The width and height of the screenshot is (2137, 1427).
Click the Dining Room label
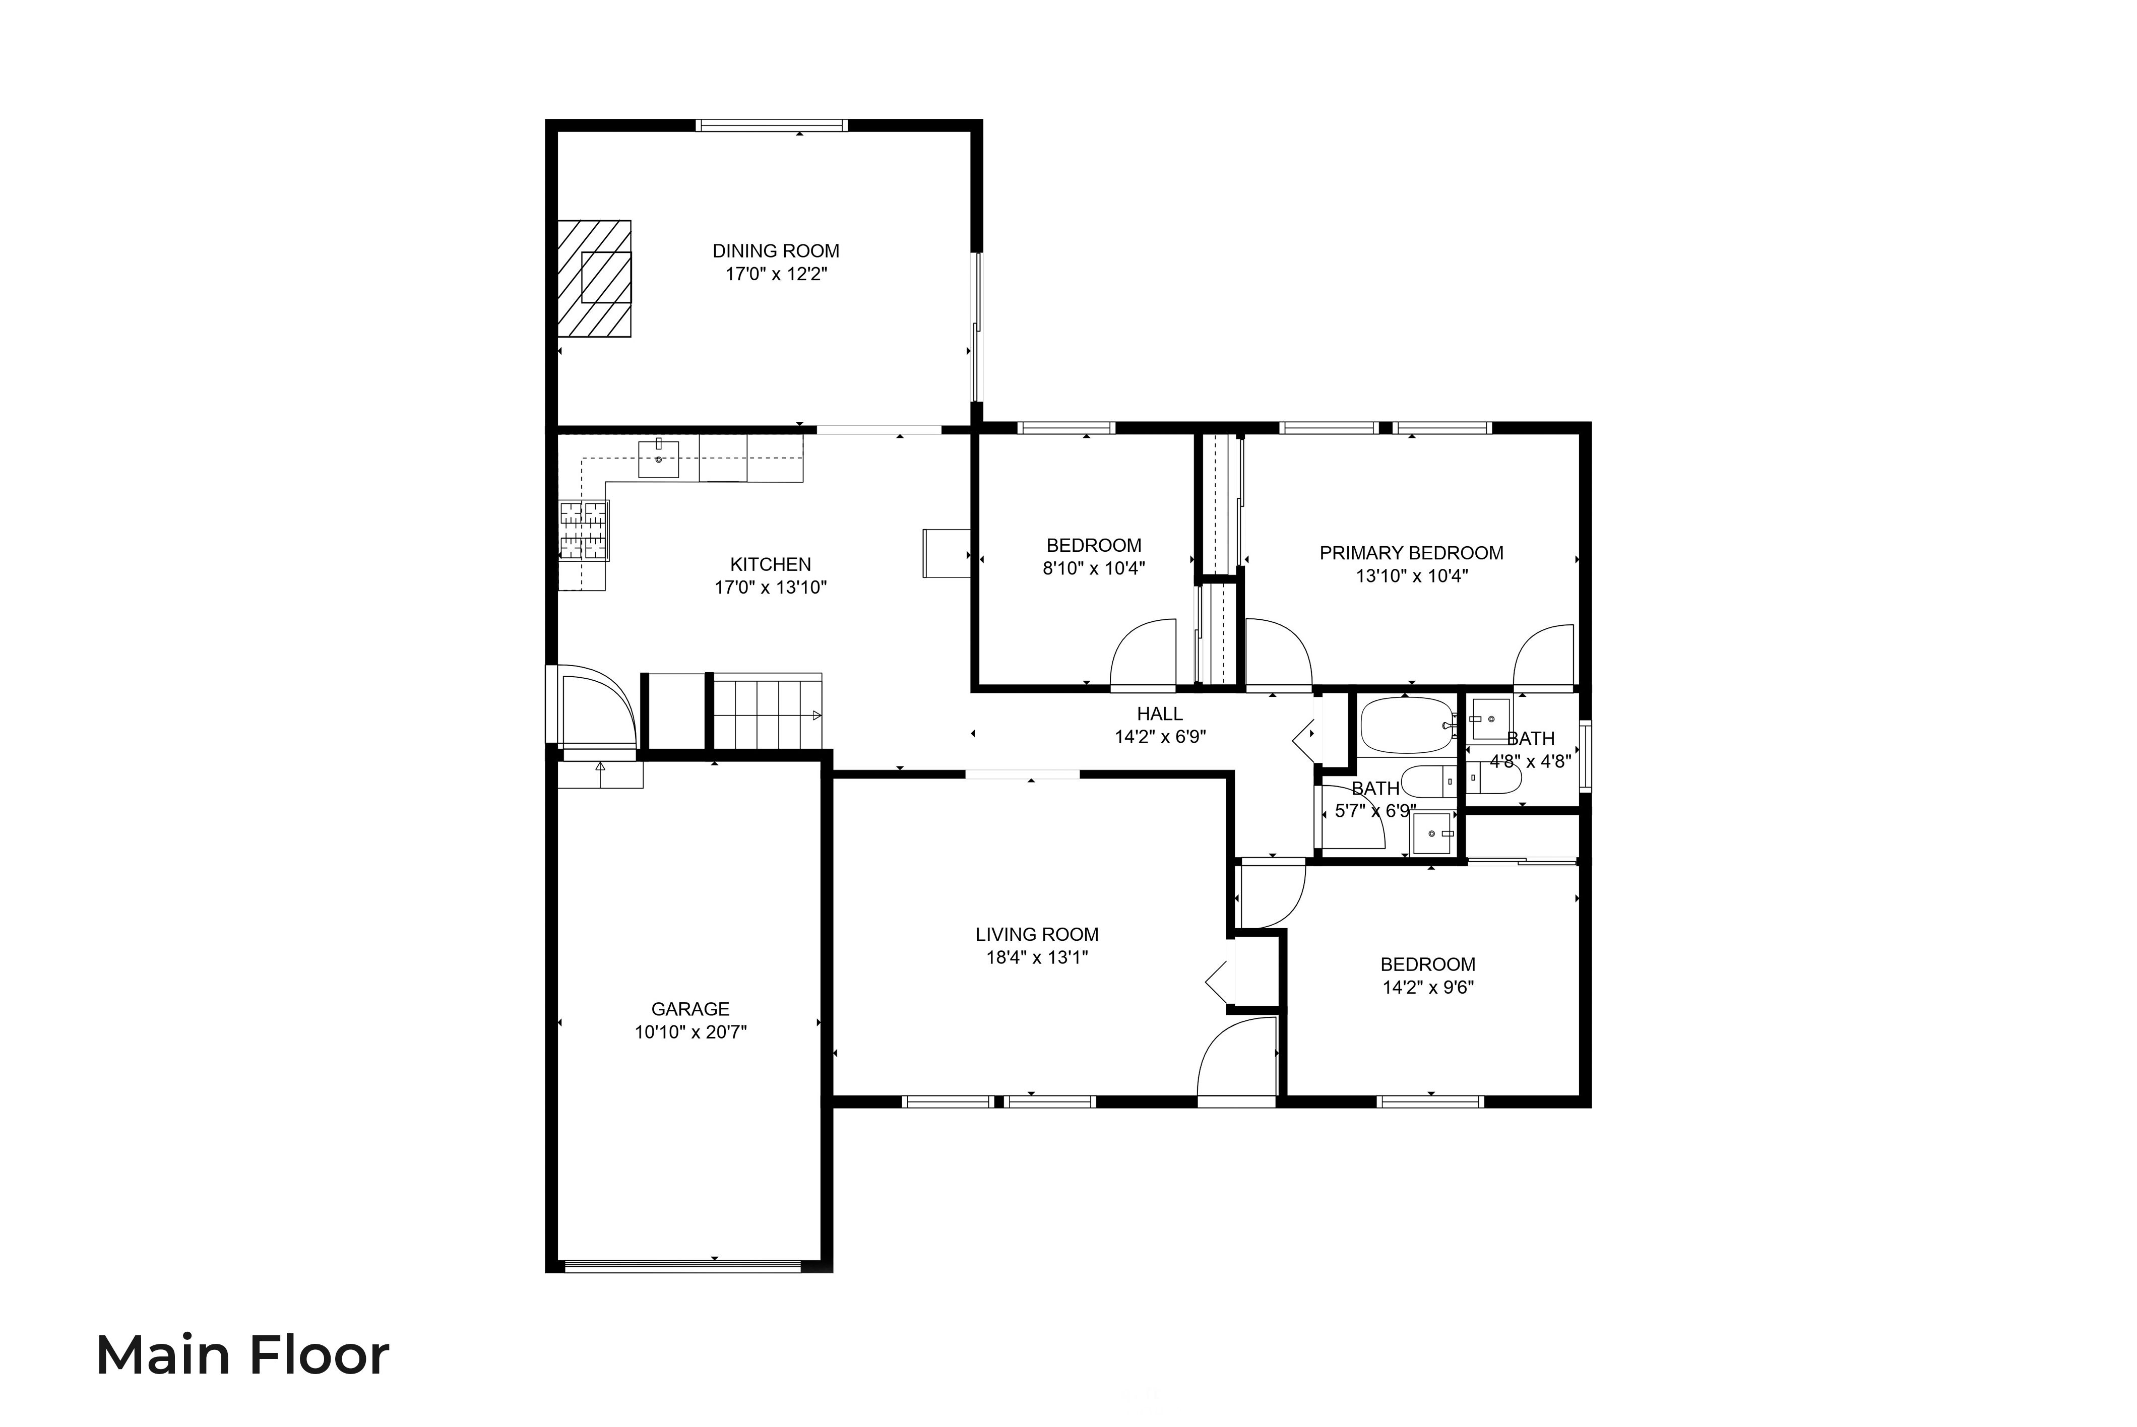[x=776, y=251]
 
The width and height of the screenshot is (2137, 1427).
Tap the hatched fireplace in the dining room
[x=594, y=279]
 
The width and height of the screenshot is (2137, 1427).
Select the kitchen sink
[x=658, y=460]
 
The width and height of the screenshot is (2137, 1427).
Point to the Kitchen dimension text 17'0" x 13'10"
[x=770, y=588]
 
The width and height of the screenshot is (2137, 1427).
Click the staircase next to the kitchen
[x=767, y=711]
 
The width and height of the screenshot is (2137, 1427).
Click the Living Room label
[x=1037, y=935]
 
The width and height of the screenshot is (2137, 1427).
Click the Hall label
[x=1160, y=715]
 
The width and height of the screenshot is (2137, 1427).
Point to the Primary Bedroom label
[x=1411, y=553]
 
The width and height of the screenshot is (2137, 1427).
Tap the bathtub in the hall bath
[x=1406, y=725]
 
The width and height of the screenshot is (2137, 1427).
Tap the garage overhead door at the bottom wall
[x=682, y=1265]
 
